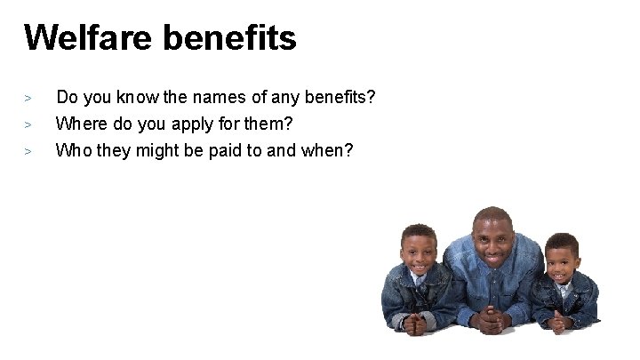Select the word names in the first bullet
(x=214, y=96)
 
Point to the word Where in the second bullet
(x=79, y=123)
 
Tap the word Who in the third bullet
(x=71, y=150)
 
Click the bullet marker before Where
(x=28, y=124)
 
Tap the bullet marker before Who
(x=28, y=151)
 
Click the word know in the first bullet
(x=132, y=96)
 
